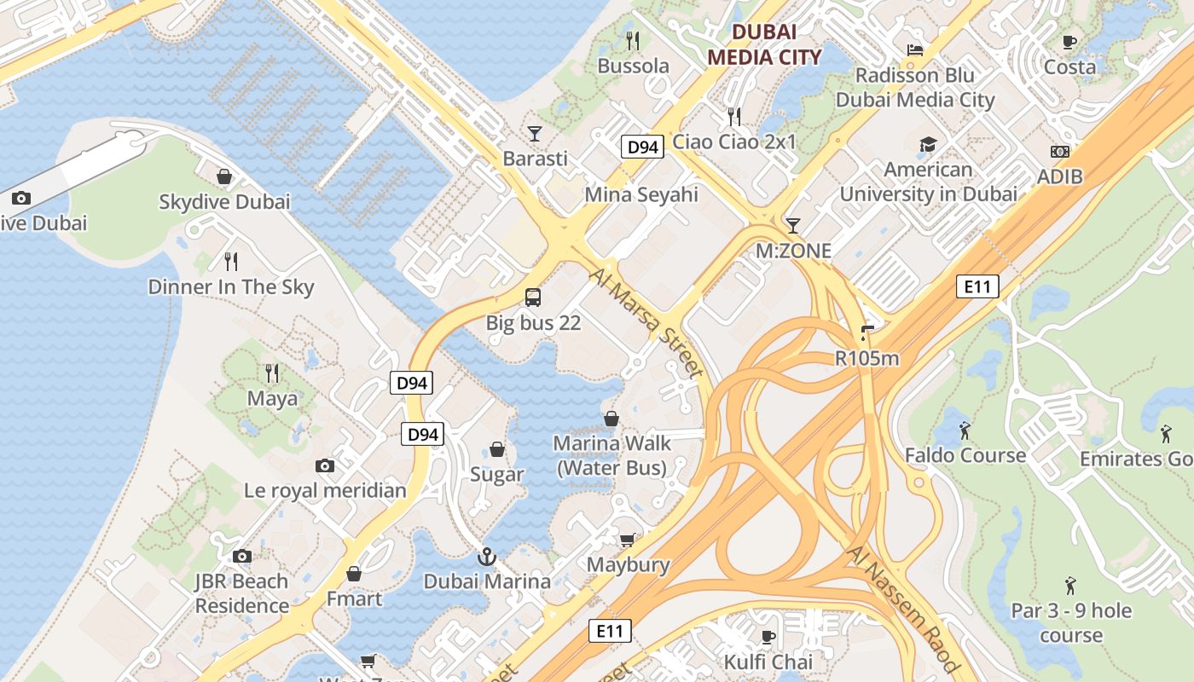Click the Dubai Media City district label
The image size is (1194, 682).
[765, 44]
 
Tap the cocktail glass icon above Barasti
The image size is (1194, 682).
[535, 133]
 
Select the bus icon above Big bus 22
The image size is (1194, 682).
[533, 298]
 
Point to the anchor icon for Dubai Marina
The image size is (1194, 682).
[487, 558]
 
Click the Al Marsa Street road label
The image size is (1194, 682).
[646, 323]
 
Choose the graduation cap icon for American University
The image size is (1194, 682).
[928, 145]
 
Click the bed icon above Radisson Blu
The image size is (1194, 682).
[915, 50]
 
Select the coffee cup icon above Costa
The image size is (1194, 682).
[1069, 42]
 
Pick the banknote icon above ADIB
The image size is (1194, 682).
[1060, 152]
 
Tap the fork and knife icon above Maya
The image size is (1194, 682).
[272, 373]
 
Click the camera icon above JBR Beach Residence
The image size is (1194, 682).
[242, 557]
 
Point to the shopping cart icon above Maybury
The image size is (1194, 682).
[628, 540]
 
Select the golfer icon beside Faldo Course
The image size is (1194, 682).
[965, 431]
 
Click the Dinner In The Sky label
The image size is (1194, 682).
[231, 287]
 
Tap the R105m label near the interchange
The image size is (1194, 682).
[867, 358]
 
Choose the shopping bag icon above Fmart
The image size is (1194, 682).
[354, 574]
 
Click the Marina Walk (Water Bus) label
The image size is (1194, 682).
[612, 455]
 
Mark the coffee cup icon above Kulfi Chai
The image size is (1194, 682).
[768, 637]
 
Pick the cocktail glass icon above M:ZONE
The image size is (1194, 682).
[793, 226]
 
